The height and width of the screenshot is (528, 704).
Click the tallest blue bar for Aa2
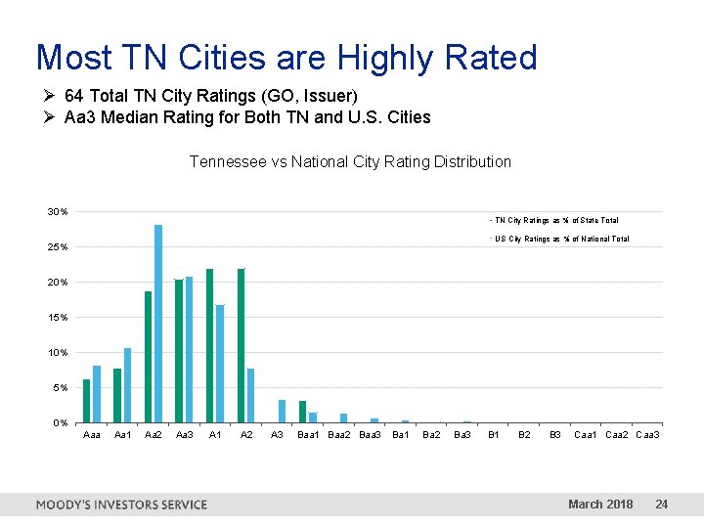coord(158,323)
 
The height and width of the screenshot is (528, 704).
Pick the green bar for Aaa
coord(86,400)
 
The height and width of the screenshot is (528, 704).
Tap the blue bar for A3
coord(282,411)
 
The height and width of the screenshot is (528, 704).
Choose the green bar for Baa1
coord(302,412)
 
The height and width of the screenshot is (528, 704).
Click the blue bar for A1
coord(220,363)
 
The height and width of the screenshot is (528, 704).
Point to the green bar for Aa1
coord(117,395)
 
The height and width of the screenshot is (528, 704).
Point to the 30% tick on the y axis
coord(58,212)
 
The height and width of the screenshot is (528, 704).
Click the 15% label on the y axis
coord(58,318)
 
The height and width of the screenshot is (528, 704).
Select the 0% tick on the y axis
coord(59,423)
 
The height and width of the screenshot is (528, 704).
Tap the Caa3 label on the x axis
coord(647,434)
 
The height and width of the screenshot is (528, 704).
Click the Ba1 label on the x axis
coord(401,434)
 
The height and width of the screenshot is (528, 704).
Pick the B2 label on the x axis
coord(524,434)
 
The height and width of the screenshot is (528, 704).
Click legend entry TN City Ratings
coord(554,221)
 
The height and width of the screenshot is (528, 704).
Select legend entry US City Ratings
coord(560,239)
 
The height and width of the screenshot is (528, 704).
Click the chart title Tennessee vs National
coord(350,161)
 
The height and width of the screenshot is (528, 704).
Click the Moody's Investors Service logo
coord(121,505)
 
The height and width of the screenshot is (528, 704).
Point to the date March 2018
coord(600,505)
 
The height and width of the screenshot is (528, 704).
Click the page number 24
coord(662,505)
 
